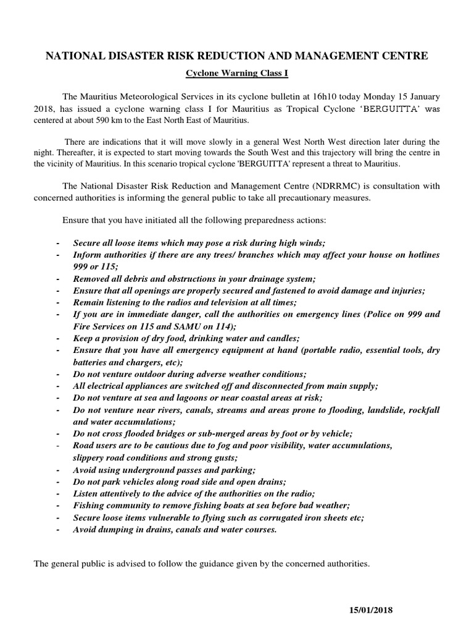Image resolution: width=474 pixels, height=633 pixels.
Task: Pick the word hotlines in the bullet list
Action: (x=421, y=254)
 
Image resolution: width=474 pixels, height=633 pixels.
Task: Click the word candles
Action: (x=283, y=338)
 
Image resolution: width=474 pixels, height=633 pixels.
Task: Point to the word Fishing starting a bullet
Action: (x=89, y=506)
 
